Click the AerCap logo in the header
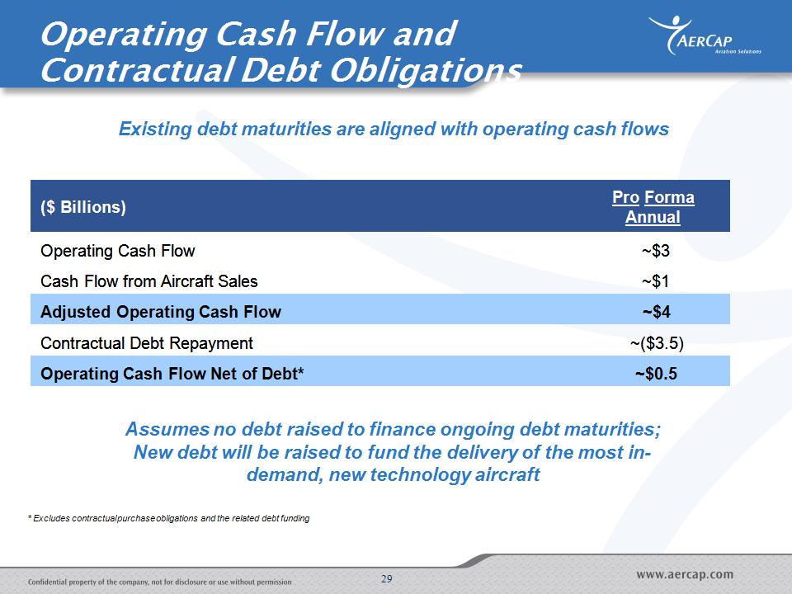tap(705, 35)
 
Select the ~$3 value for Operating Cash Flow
tap(656, 251)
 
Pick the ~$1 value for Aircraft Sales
tap(656, 281)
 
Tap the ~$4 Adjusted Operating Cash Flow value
tap(656, 312)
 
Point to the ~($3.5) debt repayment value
tap(657, 343)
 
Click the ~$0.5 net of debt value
tap(656, 374)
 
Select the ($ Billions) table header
tap(83, 207)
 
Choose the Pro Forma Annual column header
tap(653, 207)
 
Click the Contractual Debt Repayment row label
tap(147, 343)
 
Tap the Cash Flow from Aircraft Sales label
tap(149, 281)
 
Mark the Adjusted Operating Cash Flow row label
tap(161, 312)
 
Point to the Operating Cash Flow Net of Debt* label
tap(172, 374)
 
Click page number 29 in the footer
tap(386, 579)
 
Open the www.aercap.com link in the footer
tap(685, 575)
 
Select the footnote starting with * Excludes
tap(168, 518)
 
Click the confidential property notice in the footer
tap(159, 582)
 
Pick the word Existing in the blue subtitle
tap(155, 130)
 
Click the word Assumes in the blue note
tap(167, 429)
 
